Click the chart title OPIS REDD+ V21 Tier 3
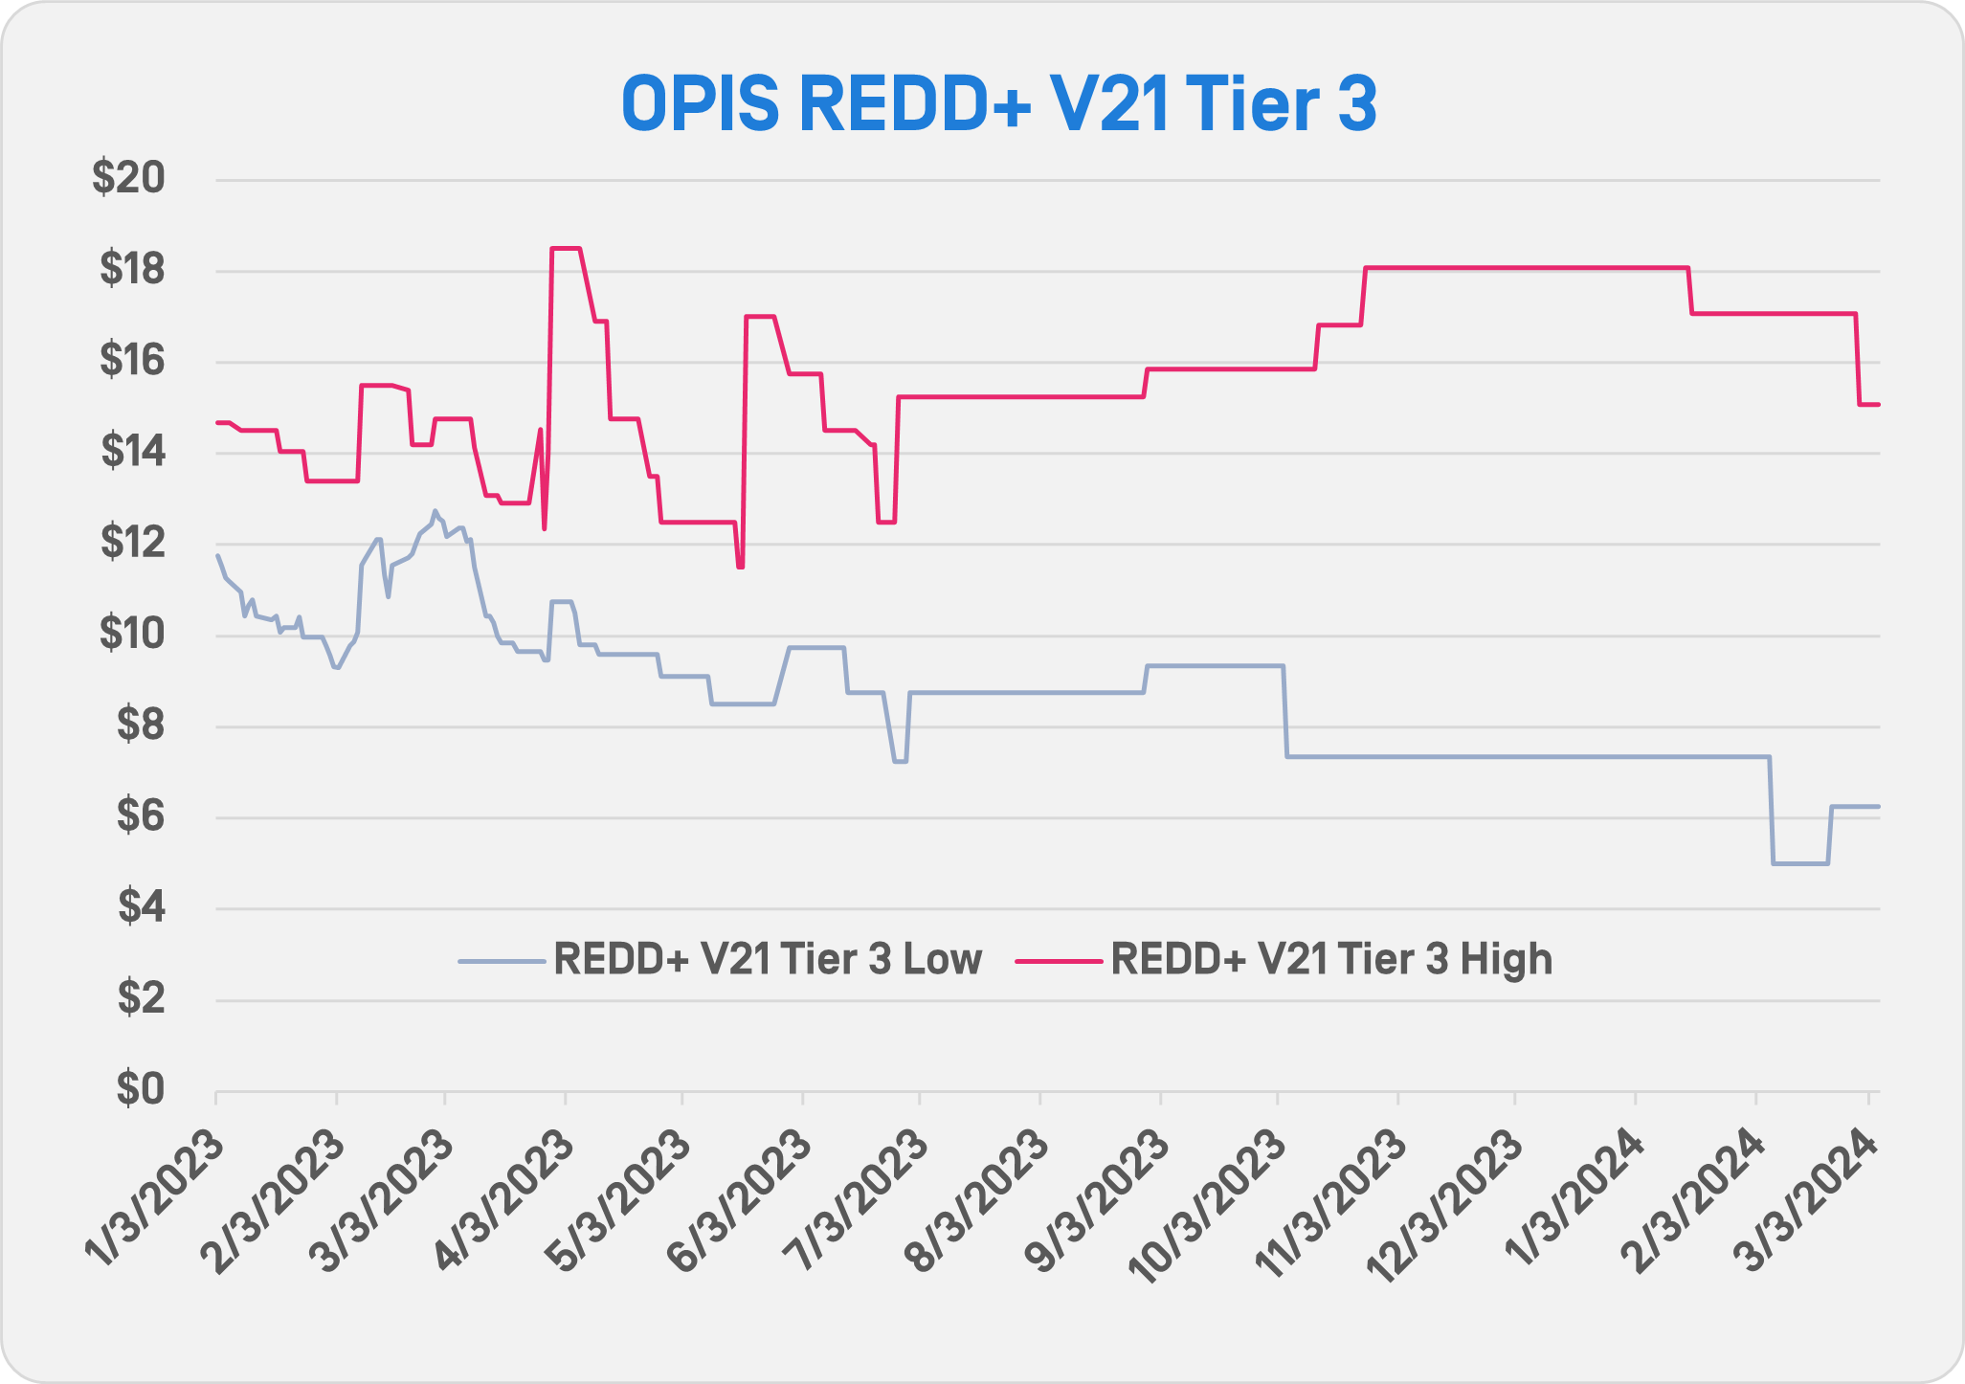click(x=998, y=104)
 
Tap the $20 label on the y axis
click(x=128, y=178)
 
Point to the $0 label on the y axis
click(x=140, y=1089)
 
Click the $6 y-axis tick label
click(x=140, y=816)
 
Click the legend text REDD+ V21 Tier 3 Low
click(x=768, y=959)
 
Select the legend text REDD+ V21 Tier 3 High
click(x=1331, y=959)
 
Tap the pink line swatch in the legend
click(x=1058, y=960)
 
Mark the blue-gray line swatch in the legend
click(x=502, y=960)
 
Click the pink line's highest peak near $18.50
click(x=566, y=249)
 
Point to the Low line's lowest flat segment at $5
click(x=1800, y=863)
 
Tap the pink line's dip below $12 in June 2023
click(x=740, y=567)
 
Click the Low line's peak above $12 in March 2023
click(x=435, y=511)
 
